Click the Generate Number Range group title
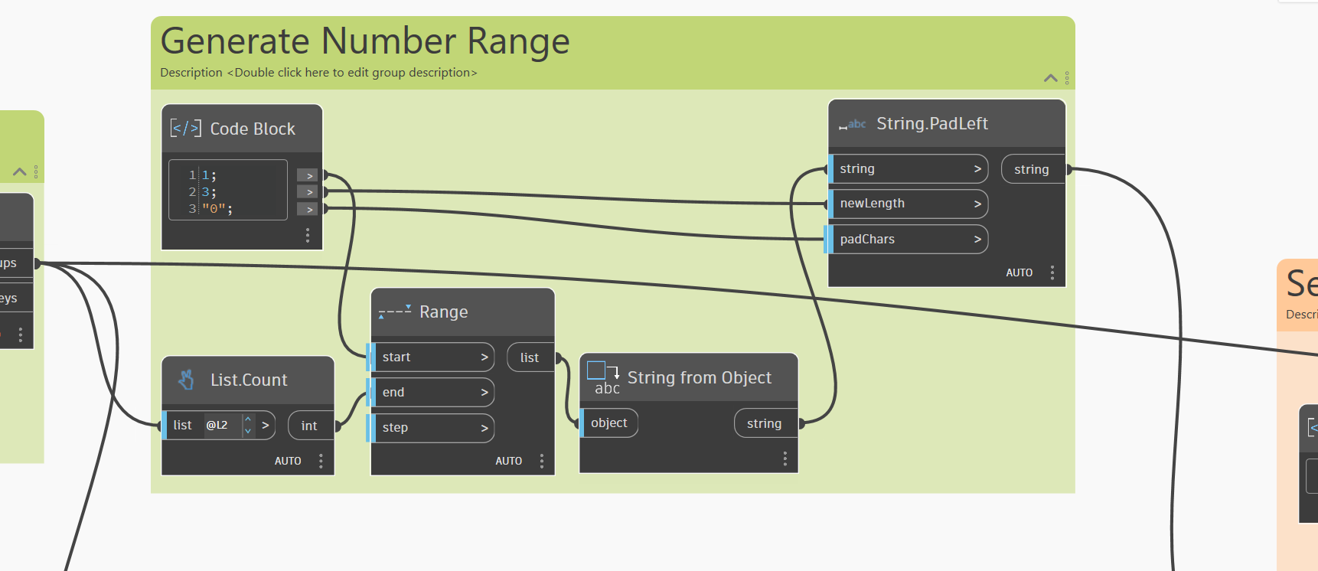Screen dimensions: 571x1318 pos(364,41)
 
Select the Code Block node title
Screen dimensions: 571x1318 pos(253,129)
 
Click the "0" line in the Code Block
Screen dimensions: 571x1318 pos(216,208)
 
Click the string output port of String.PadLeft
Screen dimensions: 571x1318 pos(1032,170)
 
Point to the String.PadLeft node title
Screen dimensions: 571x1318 pos(931,124)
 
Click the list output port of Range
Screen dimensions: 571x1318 pos(530,358)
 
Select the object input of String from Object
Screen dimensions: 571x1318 pos(609,423)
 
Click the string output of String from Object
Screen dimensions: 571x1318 pos(764,424)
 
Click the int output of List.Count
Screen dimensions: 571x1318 pos(309,426)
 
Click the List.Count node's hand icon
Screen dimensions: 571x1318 pos(186,380)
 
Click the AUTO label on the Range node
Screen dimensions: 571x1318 pos(508,461)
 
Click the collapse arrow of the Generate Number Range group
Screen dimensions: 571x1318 pos(1050,78)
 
